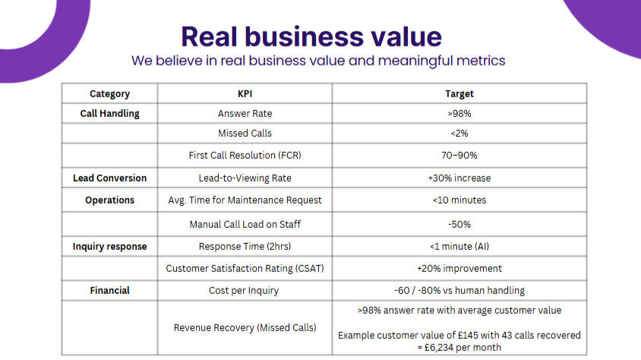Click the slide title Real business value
[311, 36]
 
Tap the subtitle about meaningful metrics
[318, 60]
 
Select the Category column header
[109, 94]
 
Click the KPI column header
[245, 94]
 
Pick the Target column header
[459, 94]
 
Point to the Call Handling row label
[109, 114]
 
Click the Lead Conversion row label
[109, 178]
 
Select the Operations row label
[109, 201]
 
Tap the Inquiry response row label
[109, 247]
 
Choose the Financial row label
[109, 290]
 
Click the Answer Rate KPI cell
[245, 114]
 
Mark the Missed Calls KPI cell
[245, 134]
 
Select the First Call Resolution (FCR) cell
[245, 155]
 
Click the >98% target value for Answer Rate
[459, 114]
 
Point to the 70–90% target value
[459, 155]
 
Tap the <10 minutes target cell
[459, 201]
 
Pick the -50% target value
[459, 224]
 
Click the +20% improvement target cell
[459, 268]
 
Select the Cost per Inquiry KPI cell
[245, 290]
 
